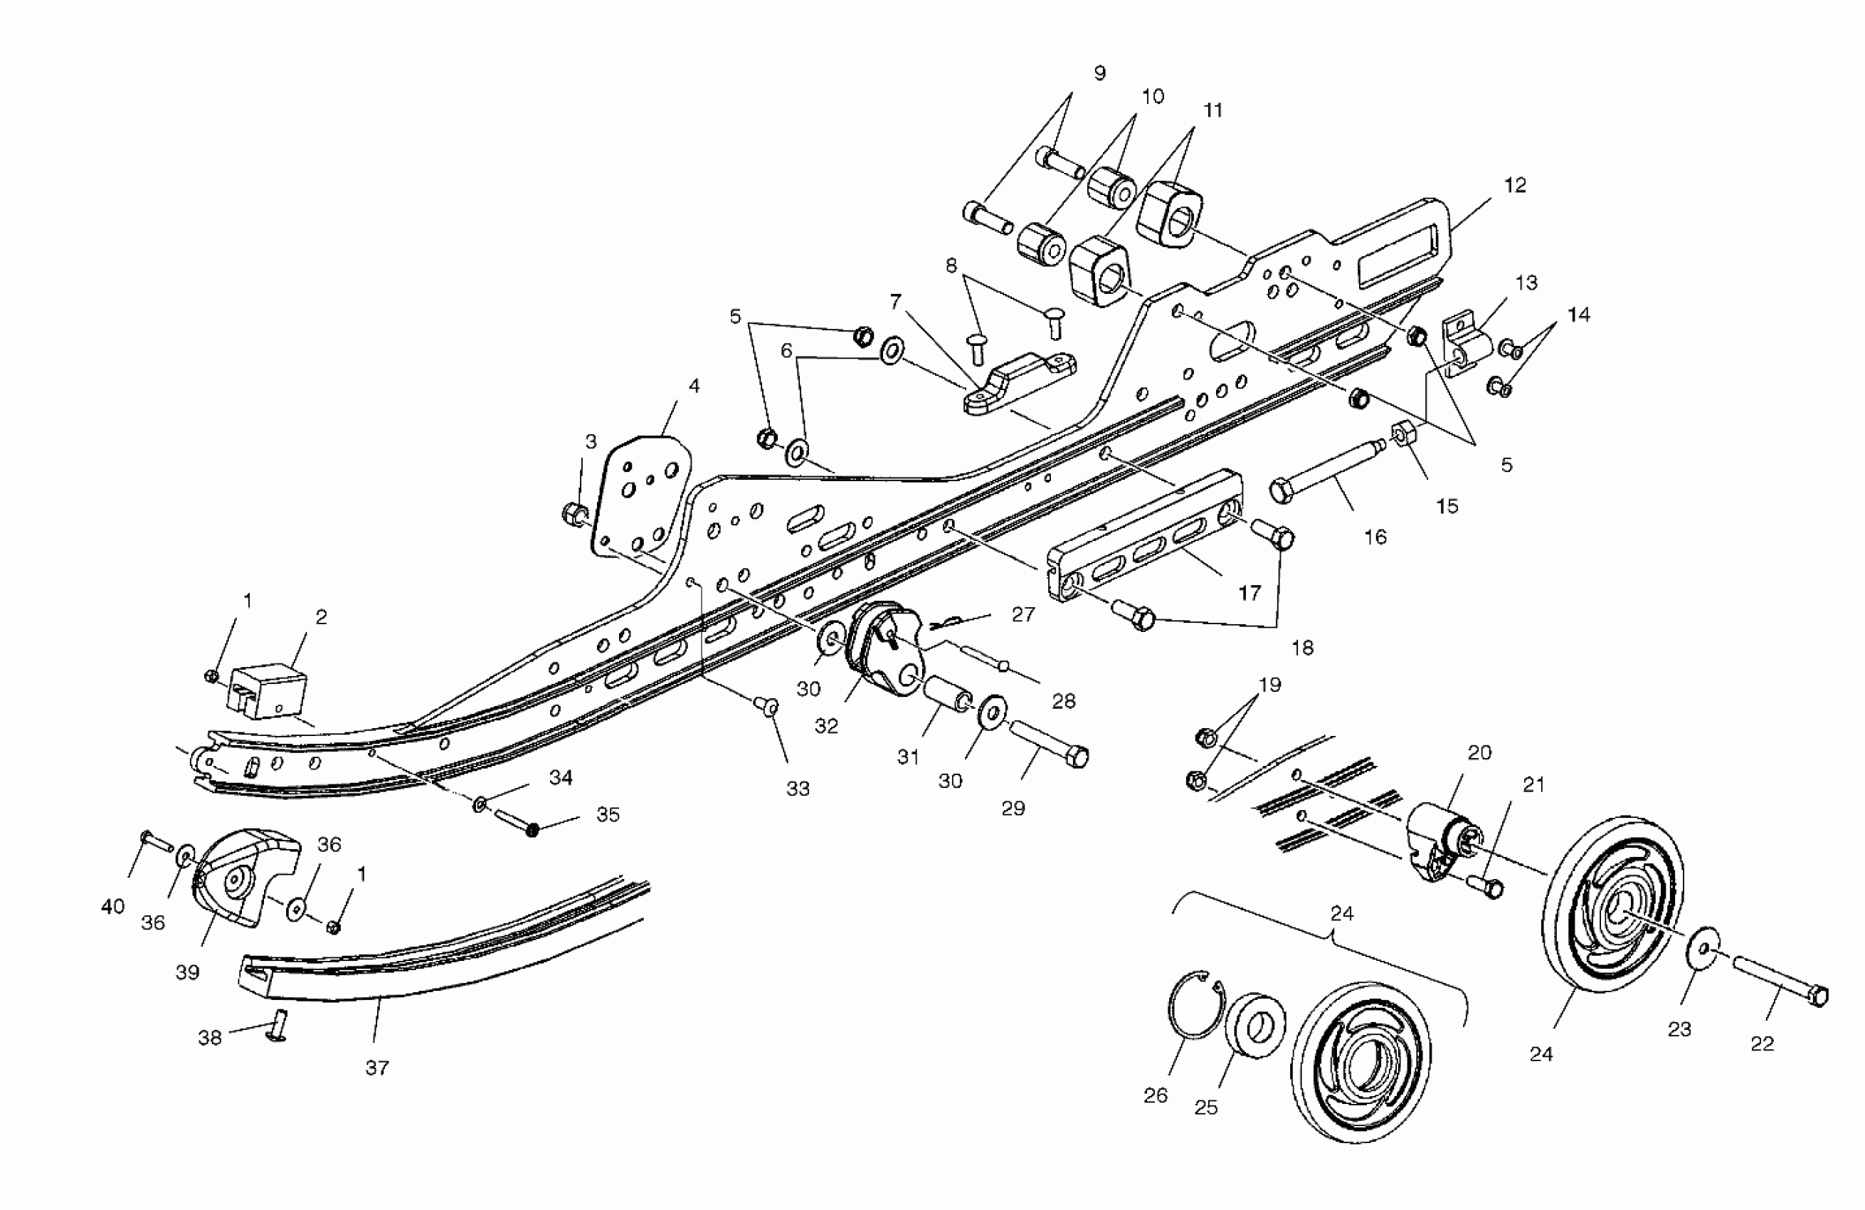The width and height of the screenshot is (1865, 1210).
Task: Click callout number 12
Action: pyautogui.click(x=1515, y=186)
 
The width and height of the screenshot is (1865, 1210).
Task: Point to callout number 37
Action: pyautogui.click(x=377, y=1068)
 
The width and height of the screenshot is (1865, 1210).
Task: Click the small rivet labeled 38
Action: pyautogui.click(x=278, y=1026)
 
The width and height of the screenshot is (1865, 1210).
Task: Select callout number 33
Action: pyautogui.click(x=798, y=789)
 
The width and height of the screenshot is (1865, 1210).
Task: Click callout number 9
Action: pyautogui.click(x=1099, y=73)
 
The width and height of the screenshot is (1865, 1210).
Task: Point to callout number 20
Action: pyautogui.click(x=1479, y=753)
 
